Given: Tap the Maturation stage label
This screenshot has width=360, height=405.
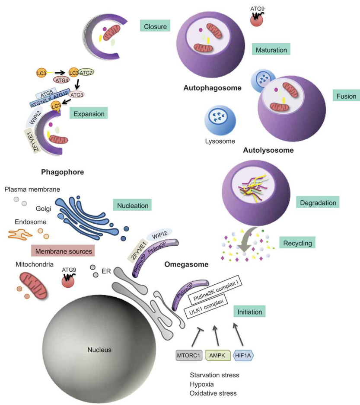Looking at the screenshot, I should click(271, 50).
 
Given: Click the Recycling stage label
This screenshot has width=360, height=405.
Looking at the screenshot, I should click(297, 243).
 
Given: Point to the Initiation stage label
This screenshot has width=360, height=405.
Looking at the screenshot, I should click(249, 312).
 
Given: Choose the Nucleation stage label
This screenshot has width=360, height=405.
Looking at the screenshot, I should click(131, 206).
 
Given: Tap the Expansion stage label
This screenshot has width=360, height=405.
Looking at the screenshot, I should click(88, 114).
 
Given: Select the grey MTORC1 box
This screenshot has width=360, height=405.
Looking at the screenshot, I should click(189, 356).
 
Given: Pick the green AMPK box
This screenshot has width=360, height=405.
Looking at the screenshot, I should click(217, 356).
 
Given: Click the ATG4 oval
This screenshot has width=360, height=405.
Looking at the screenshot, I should click(62, 80).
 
